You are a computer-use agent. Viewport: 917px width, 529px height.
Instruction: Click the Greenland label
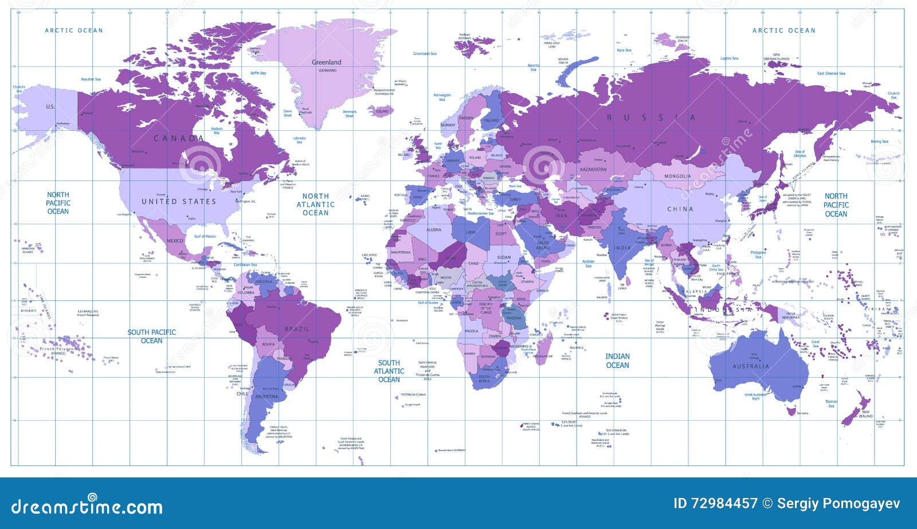click(x=326, y=62)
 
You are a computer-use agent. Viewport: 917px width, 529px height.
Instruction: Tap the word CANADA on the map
click(x=179, y=138)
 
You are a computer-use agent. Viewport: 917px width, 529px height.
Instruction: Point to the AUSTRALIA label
click(x=751, y=366)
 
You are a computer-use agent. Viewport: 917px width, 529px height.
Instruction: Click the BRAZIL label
click(x=297, y=329)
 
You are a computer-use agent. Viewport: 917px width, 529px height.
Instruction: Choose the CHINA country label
click(x=680, y=209)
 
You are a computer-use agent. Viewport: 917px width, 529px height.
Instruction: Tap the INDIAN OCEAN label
click(x=617, y=360)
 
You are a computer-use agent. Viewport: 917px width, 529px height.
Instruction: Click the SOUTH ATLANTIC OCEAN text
click(x=389, y=371)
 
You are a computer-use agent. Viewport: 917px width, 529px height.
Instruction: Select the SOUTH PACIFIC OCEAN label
click(x=151, y=336)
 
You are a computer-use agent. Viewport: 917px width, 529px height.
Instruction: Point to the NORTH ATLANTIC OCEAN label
click(x=315, y=204)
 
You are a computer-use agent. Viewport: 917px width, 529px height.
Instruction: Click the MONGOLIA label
click(x=677, y=176)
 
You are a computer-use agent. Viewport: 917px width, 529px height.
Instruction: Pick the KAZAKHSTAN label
click(x=593, y=170)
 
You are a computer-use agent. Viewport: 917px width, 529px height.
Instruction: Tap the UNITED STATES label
click(x=179, y=202)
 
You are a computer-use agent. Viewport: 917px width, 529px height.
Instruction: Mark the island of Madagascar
click(x=544, y=347)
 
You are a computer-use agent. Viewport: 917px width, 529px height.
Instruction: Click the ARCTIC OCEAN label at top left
click(x=74, y=30)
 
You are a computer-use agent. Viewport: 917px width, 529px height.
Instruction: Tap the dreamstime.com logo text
click(x=87, y=507)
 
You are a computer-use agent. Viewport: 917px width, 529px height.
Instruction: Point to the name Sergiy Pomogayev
click(x=838, y=504)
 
